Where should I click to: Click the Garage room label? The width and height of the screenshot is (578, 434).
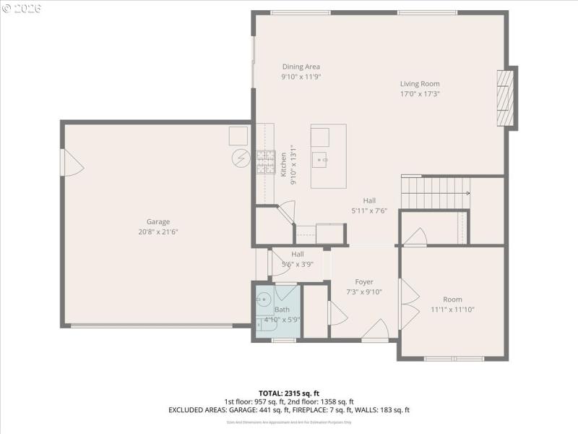[x=158, y=222]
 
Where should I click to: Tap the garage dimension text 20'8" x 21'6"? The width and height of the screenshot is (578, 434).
[x=158, y=232]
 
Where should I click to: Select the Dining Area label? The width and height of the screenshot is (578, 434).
[x=301, y=67]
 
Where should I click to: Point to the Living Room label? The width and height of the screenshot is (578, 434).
[x=420, y=83]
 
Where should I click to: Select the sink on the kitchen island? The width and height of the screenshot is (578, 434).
[x=320, y=158]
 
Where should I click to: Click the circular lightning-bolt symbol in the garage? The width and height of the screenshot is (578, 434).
[x=240, y=158]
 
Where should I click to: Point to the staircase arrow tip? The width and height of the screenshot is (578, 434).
[x=448, y=193]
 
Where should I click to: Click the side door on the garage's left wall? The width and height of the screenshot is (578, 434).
[x=72, y=163]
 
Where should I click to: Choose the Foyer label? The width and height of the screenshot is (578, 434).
[x=363, y=282]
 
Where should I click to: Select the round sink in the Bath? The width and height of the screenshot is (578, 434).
[x=264, y=297]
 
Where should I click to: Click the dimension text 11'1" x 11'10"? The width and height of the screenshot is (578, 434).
[x=452, y=310]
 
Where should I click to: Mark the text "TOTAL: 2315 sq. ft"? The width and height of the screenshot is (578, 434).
[x=288, y=393]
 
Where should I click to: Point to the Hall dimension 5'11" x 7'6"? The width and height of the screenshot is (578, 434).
[x=369, y=211]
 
